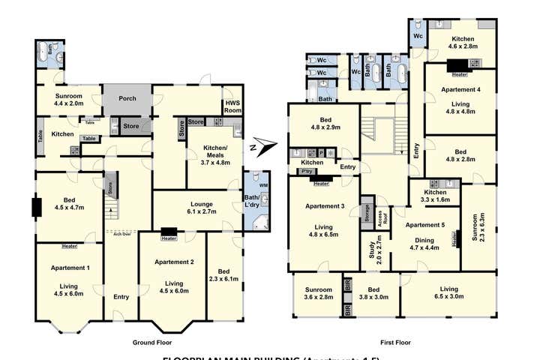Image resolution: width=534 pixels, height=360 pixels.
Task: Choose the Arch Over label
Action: click(121, 233)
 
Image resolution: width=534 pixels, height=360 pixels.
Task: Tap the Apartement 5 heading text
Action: click(425, 224)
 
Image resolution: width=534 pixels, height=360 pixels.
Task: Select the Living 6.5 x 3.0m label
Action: click(449, 293)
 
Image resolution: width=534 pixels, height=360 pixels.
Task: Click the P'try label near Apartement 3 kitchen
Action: click(305, 172)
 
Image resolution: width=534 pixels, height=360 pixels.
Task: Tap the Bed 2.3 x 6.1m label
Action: click(225, 275)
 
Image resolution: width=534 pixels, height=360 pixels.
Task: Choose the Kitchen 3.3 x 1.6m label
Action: click(434, 196)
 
